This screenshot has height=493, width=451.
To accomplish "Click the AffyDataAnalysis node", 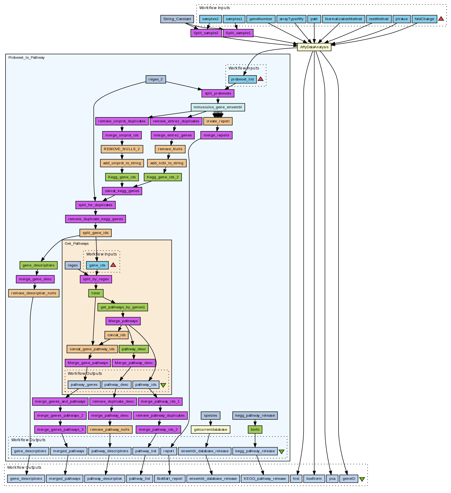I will point(314,47).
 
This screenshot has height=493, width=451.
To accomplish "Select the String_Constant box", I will point(177,19).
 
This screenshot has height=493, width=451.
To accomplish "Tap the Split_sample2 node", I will point(206,33).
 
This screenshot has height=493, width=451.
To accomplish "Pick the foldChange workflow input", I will point(424,19).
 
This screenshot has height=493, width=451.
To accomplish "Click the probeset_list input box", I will point(242,79).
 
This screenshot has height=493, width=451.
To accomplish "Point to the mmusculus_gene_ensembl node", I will point(218,107).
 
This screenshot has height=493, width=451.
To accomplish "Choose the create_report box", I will point(218,121).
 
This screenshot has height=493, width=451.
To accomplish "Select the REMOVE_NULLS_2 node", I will point(122,149).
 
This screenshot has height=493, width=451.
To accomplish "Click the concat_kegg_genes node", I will point(122,191).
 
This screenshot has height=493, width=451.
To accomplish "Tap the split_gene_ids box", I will point(96,233).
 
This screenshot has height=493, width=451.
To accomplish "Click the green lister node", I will point(96,293).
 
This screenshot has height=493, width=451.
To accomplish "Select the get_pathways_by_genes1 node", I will point(123,307).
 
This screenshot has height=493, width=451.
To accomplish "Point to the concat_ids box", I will point(116,335).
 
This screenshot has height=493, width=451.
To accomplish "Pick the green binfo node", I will point(255,429).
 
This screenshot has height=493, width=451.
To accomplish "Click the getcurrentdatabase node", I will point(211,429).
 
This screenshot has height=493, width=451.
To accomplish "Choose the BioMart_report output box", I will point(170,479).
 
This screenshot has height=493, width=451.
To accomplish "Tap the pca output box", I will point(332,479).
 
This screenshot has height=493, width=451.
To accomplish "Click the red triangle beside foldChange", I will point(441,19).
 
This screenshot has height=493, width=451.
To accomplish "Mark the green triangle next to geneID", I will point(362,479).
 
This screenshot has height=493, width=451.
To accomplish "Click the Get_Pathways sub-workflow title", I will point(77,244).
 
